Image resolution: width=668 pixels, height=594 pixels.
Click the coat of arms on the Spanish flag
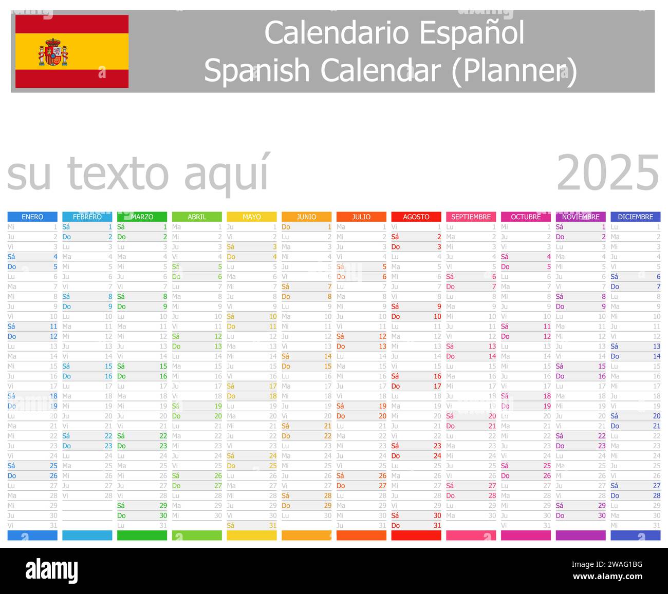click(53, 52)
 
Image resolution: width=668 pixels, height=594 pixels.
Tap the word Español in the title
click(472, 33)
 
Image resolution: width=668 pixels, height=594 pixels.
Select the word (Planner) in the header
click(514, 71)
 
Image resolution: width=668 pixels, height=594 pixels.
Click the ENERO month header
click(32, 217)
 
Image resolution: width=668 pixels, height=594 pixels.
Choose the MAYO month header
click(252, 217)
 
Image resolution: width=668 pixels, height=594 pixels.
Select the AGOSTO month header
click(416, 217)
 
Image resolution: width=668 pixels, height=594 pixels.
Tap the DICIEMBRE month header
click(635, 217)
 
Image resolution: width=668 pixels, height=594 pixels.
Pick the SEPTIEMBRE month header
click(471, 217)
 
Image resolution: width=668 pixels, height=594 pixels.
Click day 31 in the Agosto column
click(437, 526)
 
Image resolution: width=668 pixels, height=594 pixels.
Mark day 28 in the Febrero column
click(108, 496)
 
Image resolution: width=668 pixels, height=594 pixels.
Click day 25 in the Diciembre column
click(656, 466)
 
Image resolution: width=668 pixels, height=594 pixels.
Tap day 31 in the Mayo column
click(272, 526)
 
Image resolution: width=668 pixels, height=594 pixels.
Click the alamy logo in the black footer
click(51, 571)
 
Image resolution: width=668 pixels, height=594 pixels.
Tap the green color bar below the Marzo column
click(142, 535)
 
